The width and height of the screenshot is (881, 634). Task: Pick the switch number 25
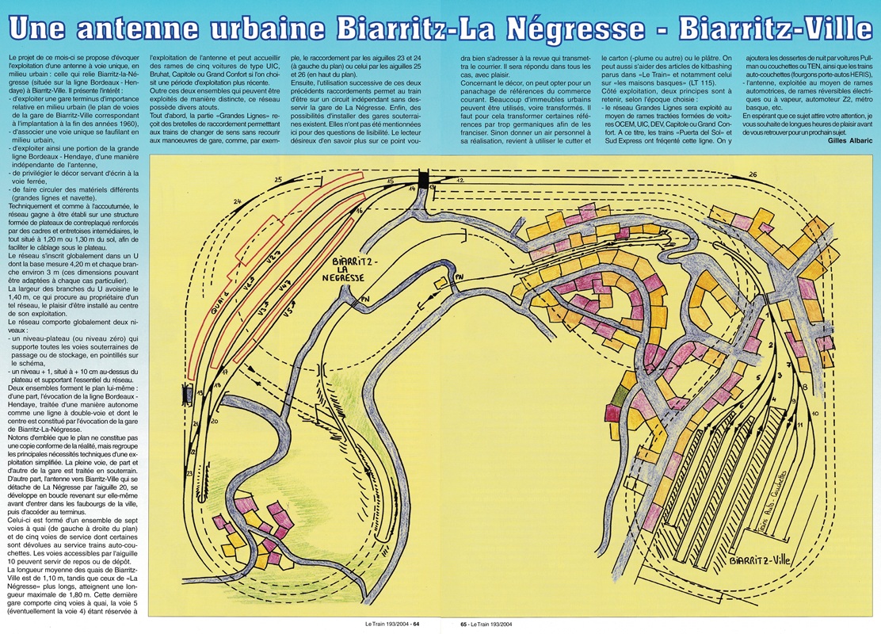coord(277,180)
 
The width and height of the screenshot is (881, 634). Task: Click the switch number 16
coord(360,212)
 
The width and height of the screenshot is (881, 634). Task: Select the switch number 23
coord(189,473)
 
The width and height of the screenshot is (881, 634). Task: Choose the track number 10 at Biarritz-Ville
coord(815,414)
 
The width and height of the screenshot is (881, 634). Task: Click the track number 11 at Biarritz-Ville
coord(800,426)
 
